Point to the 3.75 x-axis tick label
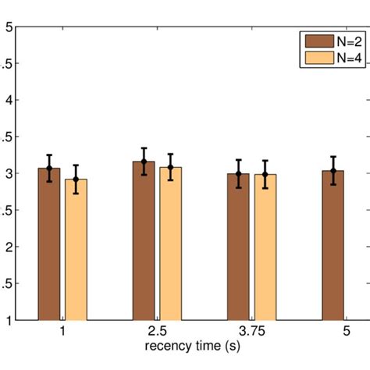click(251, 332)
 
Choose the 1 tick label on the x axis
click(62, 332)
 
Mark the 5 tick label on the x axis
click(347, 332)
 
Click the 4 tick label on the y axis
click(9, 100)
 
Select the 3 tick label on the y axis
click(9, 173)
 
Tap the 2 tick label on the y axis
click(9, 247)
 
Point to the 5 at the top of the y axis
click(9, 27)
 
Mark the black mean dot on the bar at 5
click(333, 170)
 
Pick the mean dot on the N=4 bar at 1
click(76, 180)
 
